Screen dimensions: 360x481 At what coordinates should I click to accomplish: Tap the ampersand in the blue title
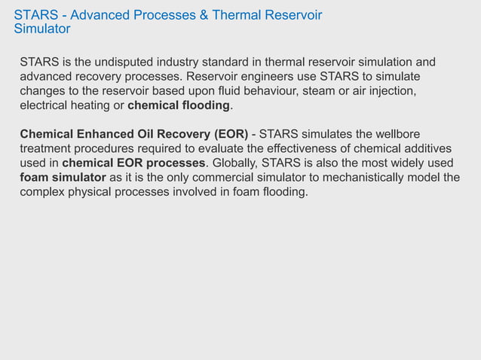click(204, 15)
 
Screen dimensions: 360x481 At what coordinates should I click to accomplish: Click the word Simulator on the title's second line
click(42, 29)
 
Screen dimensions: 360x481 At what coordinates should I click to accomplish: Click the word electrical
click(44, 105)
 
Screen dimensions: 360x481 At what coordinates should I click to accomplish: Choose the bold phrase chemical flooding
click(179, 105)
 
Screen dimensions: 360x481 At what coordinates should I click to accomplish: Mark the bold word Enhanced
click(103, 134)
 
